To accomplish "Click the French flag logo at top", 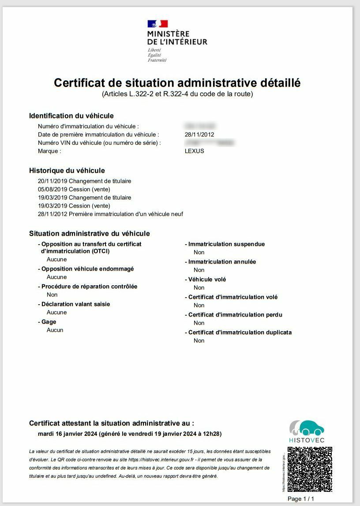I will click(x=157, y=24).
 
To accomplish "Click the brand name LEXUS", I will click(x=195, y=151).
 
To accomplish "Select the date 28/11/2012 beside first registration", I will click(x=199, y=134).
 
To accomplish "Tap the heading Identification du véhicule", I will click(x=71, y=116).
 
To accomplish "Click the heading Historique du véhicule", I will click(x=67, y=170).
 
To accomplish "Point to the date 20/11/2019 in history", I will click(x=52, y=181).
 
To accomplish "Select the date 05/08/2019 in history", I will click(x=52, y=189).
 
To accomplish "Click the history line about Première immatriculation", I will click(x=110, y=214).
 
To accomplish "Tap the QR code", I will click(x=310, y=469).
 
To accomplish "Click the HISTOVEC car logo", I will click(x=307, y=428).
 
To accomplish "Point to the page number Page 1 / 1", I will click(x=301, y=498).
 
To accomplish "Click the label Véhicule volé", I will click(x=207, y=279).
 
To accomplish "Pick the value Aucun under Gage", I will click(x=55, y=330).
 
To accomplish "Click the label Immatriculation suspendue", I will click(x=226, y=244).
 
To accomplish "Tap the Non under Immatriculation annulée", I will click(x=199, y=270).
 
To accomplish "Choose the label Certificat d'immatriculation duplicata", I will click(x=240, y=332).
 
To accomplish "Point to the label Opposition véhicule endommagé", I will click(x=87, y=269).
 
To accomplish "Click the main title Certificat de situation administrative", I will click(x=177, y=83).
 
